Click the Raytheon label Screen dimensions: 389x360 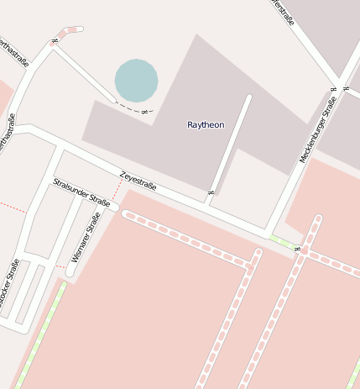[x=206, y=124]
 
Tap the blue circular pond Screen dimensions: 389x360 [x=136, y=81]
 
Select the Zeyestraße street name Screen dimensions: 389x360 [x=138, y=181]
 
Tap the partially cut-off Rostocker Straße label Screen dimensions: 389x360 [x=8, y=286]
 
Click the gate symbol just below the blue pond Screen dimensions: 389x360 [x=144, y=112]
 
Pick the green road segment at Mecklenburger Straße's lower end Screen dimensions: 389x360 [x=283, y=243]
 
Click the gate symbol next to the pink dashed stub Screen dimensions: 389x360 [x=55, y=39]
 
